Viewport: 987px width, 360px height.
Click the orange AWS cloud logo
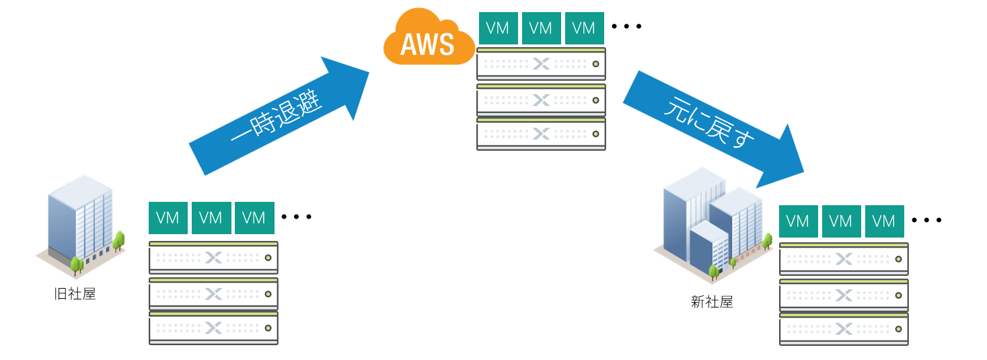tap(428, 40)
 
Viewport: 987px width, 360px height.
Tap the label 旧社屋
tap(75, 294)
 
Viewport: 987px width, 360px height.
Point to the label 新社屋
tap(711, 302)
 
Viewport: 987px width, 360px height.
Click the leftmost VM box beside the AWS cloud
tap(498, 28)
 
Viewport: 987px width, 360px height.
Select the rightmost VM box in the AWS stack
tap(584, 28)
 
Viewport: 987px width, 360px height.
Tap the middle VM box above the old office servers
tap(211, 218)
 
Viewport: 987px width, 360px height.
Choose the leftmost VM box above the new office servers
tap(798, 221)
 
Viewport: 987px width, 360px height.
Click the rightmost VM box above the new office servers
tap(884, 221)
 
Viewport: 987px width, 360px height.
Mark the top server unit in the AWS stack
tap(541, 64)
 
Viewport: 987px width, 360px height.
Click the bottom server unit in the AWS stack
tap(541, 134)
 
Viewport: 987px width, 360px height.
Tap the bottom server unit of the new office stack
tap(844, 329)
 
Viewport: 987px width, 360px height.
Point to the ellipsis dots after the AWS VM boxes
tap(626, 27)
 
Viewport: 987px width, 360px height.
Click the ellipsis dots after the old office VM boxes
tap(297, 217)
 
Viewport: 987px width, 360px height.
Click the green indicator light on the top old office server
tap(268, 258)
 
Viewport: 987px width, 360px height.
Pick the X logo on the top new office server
tap(844, 259)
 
